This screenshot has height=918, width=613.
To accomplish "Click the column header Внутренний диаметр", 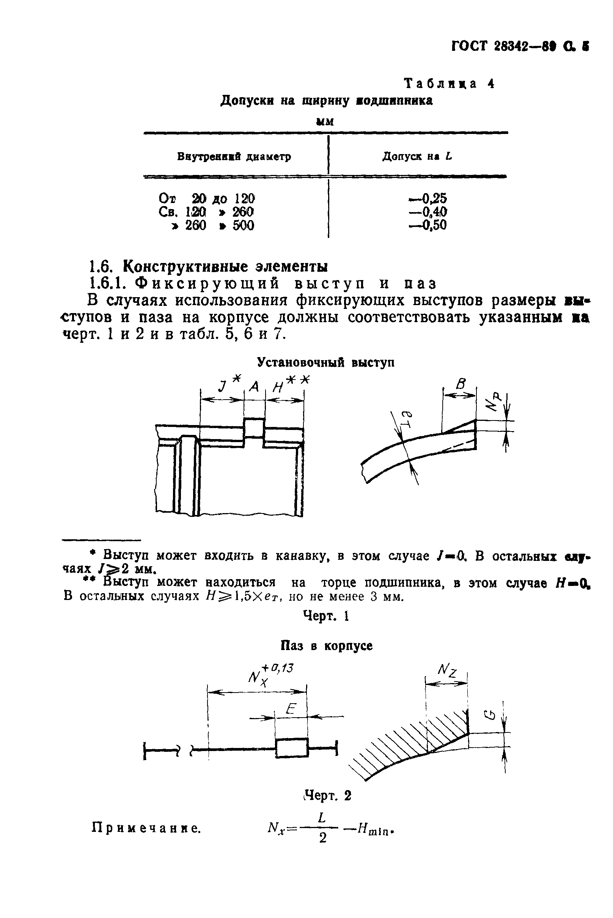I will pos(234,157).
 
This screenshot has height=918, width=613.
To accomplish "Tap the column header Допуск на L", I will pos(417,156).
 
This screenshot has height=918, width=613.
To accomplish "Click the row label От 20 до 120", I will pos(207,199).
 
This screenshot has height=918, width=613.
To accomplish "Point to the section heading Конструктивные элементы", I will pos(225,266).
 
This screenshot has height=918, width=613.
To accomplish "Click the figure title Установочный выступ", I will pos(325,362).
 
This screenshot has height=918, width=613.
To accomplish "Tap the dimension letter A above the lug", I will pos(255,387).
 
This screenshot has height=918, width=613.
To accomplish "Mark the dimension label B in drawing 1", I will pos(461,384).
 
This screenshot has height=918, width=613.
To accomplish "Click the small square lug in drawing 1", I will pos(255,428).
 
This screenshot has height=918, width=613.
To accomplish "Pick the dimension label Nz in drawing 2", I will pos(447,672).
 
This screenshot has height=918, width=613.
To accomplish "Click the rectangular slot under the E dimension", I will pos(292,748).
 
